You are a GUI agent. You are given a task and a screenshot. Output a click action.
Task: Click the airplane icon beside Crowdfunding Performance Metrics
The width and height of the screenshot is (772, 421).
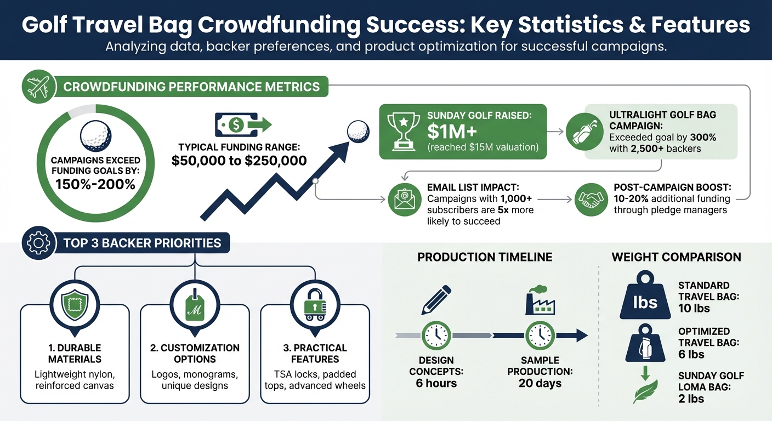(38, 87)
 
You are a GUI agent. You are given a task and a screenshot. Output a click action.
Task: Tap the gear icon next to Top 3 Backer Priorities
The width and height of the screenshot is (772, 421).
(38, 243)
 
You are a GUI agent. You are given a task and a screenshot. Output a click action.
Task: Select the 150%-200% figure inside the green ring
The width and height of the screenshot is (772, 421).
(95, 184)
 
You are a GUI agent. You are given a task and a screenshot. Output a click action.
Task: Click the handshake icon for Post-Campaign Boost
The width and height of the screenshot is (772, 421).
(591, 200)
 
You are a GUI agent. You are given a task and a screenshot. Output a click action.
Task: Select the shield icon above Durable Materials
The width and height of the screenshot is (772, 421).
(75, 303)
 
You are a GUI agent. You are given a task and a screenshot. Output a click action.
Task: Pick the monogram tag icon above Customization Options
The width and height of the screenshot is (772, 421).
(195, 303)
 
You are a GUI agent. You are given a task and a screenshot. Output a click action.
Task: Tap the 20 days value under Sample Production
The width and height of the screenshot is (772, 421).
(540, 383)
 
